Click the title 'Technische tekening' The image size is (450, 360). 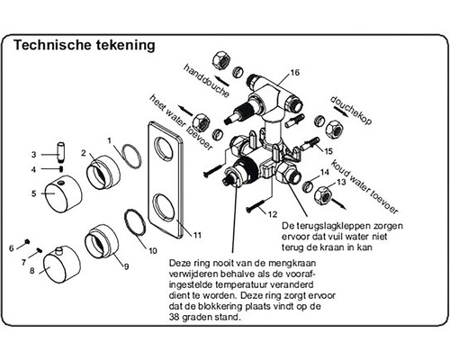pyautogui.click(x=85, y=43)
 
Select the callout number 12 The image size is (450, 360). pyautogui.click(x=271, y=215)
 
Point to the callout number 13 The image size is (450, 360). pyautogui.click(x=339, y=182)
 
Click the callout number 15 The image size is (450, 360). pyautogui.click(x=328, y=151)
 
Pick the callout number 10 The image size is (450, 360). pyautogui.click(x=152, y=248)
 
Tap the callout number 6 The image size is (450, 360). pyautogui.click(x=13, y=247)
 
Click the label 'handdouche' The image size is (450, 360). pyautogui.click(x=206, y=80)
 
